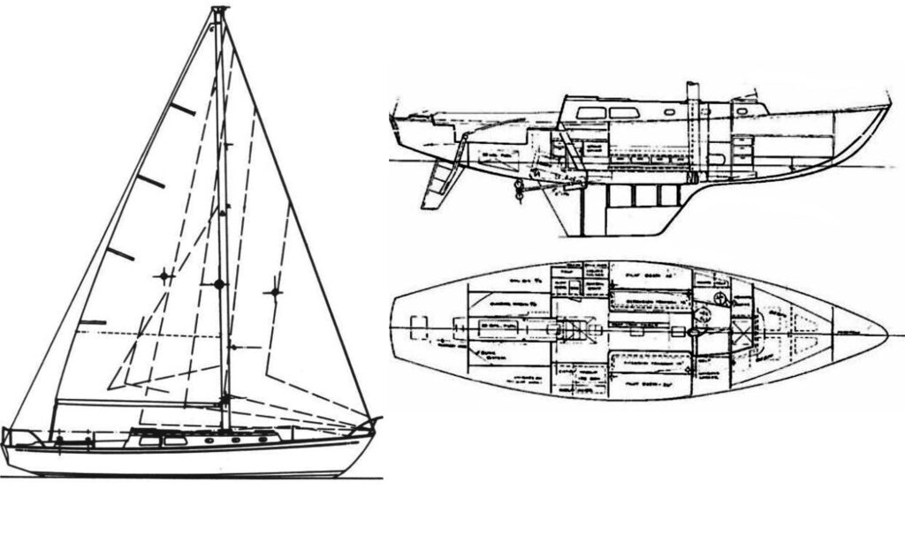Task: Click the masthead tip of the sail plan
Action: pos(219,10)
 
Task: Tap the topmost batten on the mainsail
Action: pos(183,109)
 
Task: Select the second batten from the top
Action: pos(150,182)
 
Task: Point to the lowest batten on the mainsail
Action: pos(92,322)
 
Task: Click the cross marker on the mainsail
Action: pos(164,277)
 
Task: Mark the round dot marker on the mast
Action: pos(219,283)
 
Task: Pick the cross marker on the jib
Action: pos(274,291)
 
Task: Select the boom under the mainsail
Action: pos(137,403)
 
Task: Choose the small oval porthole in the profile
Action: pos(669,113)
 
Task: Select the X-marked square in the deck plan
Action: pos(741,333)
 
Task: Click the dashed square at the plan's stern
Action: pos(421,326)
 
